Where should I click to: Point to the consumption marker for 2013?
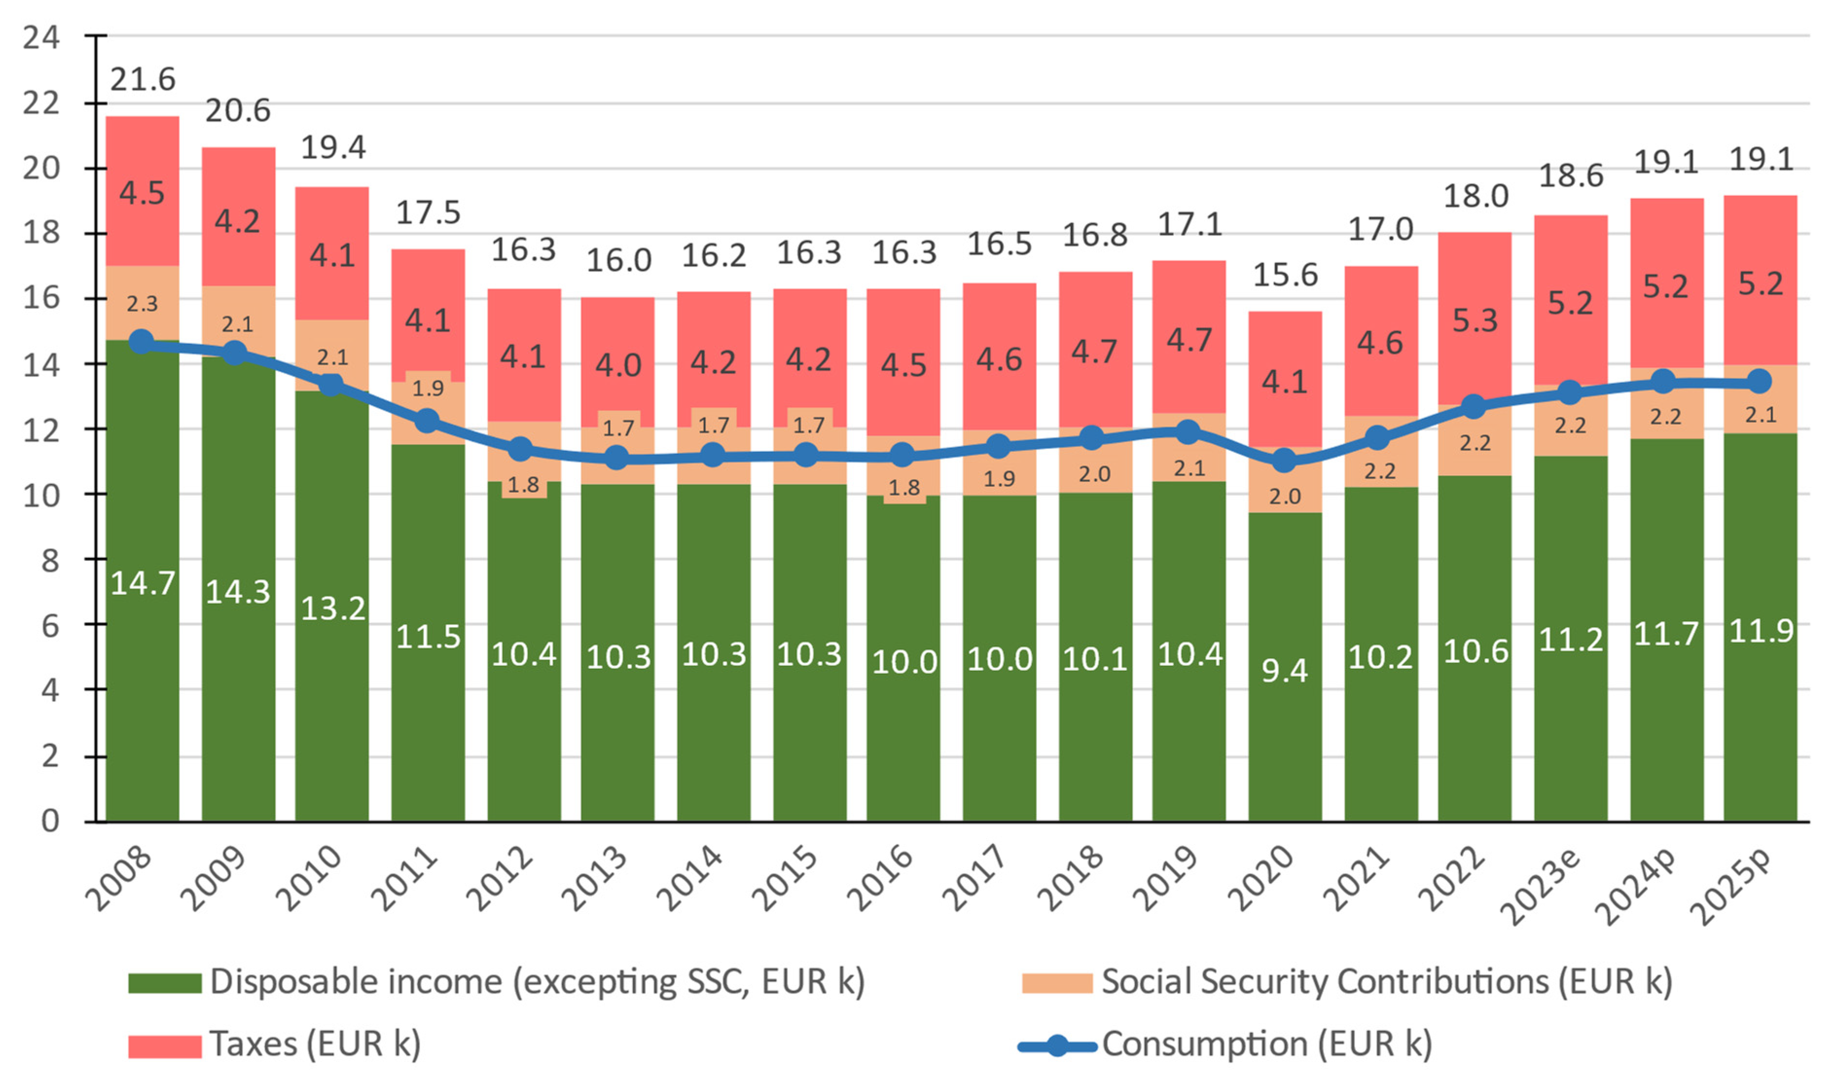[x=616, y=458]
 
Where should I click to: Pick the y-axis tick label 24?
[x=41, y=38]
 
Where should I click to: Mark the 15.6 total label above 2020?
[x=1285, y=275]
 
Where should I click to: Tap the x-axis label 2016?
[x=880, y=878]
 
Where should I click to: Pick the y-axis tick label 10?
[x=41, y=496]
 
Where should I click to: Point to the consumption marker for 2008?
[x=142, y=342]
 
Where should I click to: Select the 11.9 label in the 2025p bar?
[x=1761, y=631]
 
